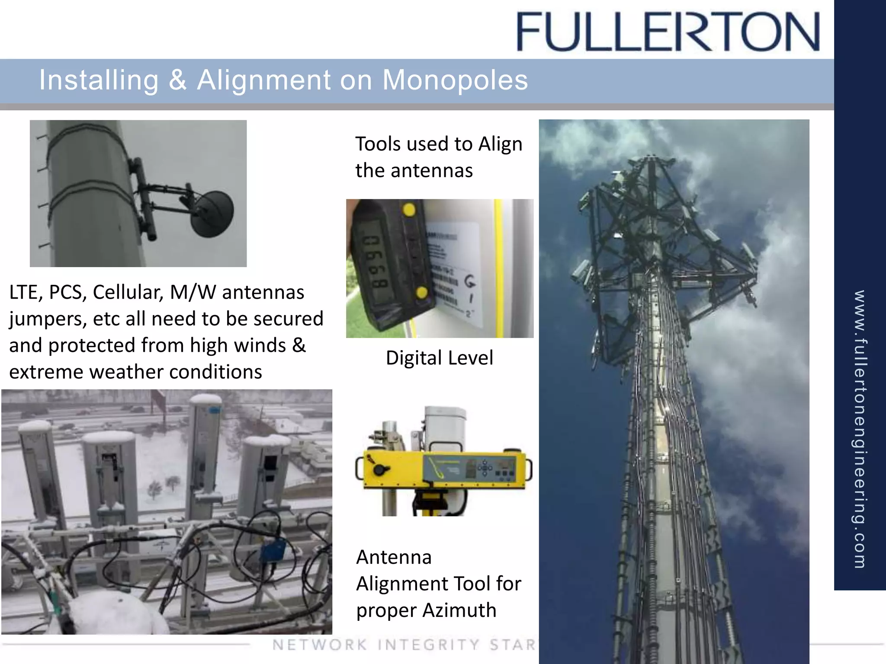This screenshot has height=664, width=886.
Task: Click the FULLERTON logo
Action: coord(668,32)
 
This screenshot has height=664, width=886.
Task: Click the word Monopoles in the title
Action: coord(455,80)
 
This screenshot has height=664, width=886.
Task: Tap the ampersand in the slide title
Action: coord(178,80)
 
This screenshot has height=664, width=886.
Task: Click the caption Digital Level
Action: coord(439,358)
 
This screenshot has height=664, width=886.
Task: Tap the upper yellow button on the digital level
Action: coord(408,211)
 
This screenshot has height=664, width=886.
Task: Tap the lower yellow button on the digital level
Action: coord(421,294)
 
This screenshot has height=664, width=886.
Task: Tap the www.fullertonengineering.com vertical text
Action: coord(860,428)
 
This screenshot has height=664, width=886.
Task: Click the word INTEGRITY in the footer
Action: coord(428,645)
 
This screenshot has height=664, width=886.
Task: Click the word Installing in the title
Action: coord(99,80)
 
